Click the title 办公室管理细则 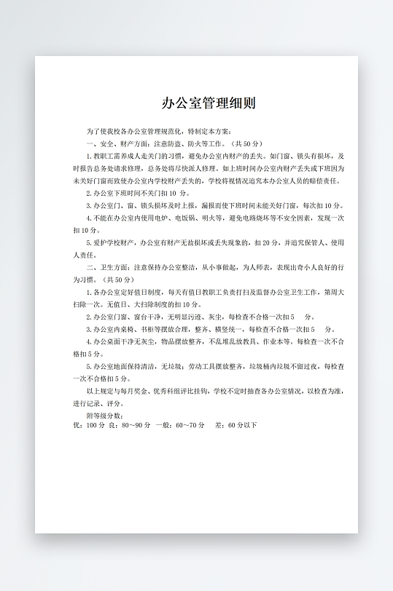[209, 103]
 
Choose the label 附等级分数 [109, 415]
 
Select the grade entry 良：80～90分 [129, 425]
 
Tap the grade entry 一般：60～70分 [179, 425]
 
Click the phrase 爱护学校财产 [113, 242]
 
